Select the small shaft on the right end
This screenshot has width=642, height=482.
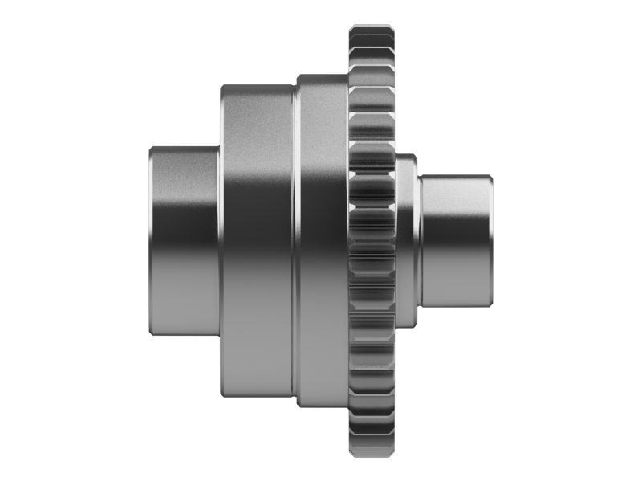[x=453, y=241]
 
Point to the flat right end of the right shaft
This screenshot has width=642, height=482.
[x=490, y=241]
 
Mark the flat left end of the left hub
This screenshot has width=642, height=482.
[x=151, y=241]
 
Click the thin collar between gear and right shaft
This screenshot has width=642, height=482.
[x=407, y=241]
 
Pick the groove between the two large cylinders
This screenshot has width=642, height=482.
[x=295, y=241]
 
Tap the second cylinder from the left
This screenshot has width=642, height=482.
[x=257, y=241]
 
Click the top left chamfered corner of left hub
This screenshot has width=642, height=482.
[x=152, y=149]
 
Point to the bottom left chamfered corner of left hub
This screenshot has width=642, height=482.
[x=152, y=333]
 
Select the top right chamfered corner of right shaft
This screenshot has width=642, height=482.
[x=489, y=178]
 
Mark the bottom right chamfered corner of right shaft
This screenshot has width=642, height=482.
[x=489, y=304]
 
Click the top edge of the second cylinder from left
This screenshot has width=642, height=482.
[x=257, y=87]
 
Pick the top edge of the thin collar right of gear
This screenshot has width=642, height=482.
[x=407, y=157]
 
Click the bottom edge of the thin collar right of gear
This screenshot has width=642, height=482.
[x=407, y=326]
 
